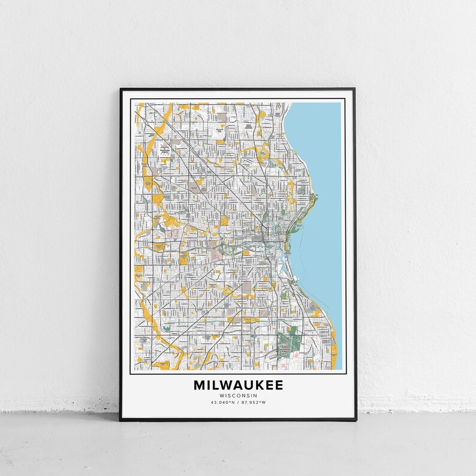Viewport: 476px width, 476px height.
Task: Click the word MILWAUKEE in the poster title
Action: pos(238,385)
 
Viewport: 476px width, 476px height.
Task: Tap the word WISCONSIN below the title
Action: pos(238,396)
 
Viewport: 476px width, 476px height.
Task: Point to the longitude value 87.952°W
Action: pos(254,402)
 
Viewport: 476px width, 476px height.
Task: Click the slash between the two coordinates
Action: pos(239,402)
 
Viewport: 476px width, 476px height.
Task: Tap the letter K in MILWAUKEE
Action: pos(257,385)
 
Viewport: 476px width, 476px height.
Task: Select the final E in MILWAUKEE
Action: pos(279,385)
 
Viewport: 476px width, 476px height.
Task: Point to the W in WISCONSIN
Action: pos(222,396)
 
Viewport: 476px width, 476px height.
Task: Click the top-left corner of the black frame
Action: pos(120,89)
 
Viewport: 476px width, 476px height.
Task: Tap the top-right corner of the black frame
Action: pos(354,89)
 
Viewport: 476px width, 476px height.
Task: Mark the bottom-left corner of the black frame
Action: pos(120,420)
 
